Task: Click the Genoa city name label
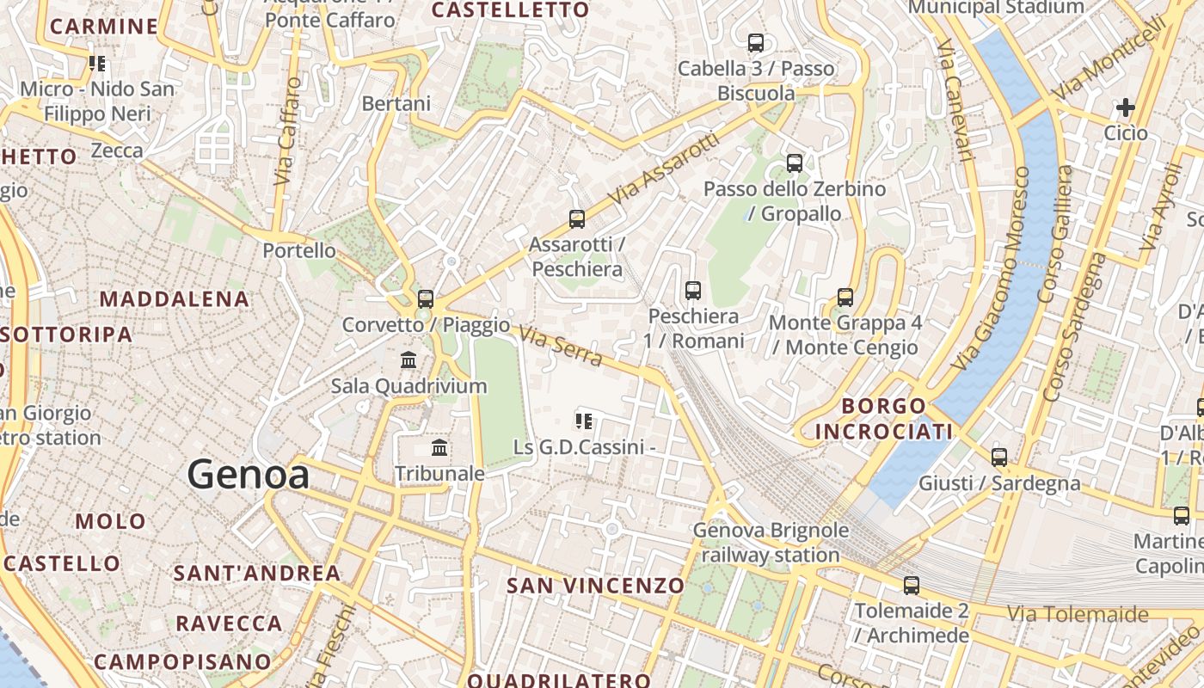click(249, 475)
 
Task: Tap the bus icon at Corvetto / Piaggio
click(426, 299)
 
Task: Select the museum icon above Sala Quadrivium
click(408, 359)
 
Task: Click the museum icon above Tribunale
click(439, 447)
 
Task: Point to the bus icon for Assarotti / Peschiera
click(577, 219)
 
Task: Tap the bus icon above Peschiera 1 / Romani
click(693, 291)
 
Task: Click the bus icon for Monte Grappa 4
click(845, 298)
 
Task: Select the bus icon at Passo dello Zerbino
click(795, 163)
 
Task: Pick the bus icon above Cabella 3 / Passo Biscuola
click(756, 43)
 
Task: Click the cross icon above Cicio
click(1125, 107)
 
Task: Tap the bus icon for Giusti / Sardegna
click(999, 458)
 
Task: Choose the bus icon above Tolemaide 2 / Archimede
click(912, 586)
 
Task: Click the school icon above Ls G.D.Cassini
click(585, 421)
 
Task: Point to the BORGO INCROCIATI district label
click(884, 418)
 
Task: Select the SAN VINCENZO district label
click(595, 586)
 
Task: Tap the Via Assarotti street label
click(663, 169)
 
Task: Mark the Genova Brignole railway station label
click(771, 543)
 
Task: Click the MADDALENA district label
click(175, 299)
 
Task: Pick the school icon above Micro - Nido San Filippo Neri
click(97, 64)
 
